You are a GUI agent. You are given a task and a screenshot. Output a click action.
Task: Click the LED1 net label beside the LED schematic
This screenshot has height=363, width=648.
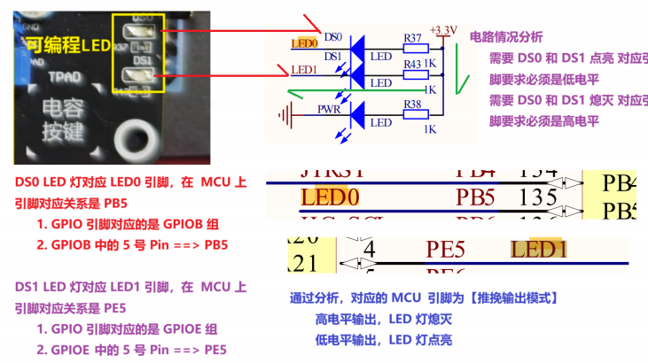click(304, 70)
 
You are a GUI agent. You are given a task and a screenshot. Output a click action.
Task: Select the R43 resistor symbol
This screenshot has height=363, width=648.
click(412, 75)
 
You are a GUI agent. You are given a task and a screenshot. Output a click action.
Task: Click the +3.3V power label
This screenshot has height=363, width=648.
click(442, 30)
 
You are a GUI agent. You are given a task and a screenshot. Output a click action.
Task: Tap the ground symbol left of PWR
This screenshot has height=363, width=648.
click(285, 113)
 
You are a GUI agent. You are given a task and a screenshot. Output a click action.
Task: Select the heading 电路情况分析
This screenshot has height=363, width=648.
click(505, 37)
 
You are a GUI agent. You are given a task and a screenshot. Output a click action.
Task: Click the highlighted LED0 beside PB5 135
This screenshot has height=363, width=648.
click(330, 195)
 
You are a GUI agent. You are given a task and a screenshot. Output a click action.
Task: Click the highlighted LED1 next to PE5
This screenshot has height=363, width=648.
click(539, 250)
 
